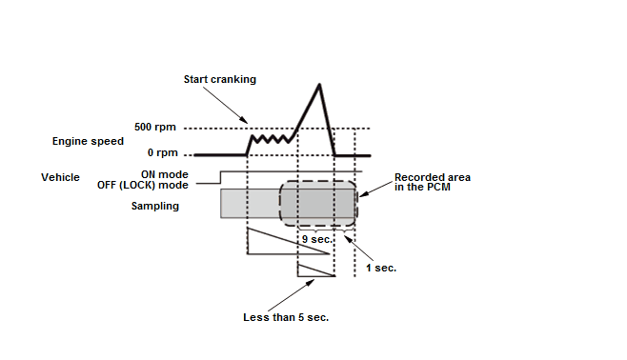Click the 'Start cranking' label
[x=219, y=79]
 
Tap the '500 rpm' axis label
[x=155, y=127]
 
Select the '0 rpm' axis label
[x=162, y=152]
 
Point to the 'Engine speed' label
[x=88, y=142]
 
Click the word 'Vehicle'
[x=60, y=177]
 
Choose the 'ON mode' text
[x=164, y=174]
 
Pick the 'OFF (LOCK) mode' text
[x=143, y=185]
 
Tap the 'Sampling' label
[x=155, y=206]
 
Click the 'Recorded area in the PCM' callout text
[x=433, y=182]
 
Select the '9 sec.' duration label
[x=317, y=239]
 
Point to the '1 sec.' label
[x=381, y=269]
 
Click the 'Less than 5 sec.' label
[x=286, y=317]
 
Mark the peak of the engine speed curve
[x=319, y=84]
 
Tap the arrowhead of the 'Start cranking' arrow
[x=244, y=120]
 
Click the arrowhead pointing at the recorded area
[x=363, y=194]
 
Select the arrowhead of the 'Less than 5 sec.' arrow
[x=311, y=283]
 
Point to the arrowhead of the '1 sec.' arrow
[x=348, y=239]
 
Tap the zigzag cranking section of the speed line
[x=272, y=139]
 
